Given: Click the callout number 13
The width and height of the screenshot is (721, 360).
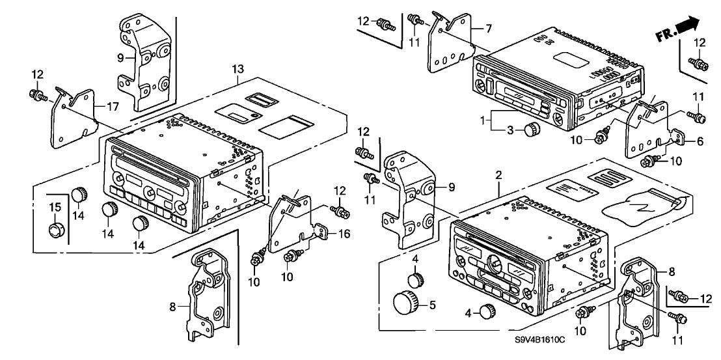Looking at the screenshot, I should tap(238, 70).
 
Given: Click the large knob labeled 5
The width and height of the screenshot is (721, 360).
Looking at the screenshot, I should tap(405, 304).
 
